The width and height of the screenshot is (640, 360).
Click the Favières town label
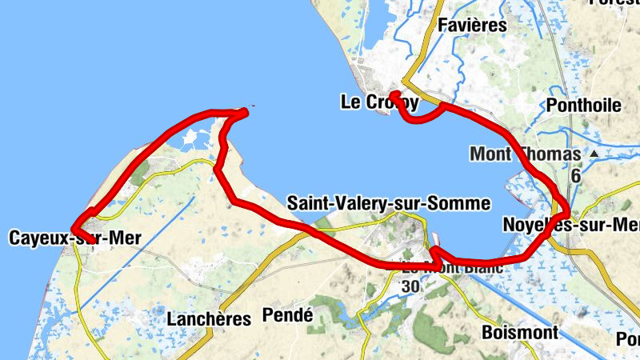(473, 25)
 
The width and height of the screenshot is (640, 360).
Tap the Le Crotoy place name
(379, 102)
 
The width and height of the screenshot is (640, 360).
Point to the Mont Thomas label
(525, 153)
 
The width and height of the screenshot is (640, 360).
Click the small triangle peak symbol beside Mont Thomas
(594, 152)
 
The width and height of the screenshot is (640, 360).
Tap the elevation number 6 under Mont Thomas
(575, 174)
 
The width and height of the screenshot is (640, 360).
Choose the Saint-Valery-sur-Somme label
(388, 203)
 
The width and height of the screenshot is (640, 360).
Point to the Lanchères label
(209, 318)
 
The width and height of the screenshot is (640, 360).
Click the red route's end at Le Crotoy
(394, 94)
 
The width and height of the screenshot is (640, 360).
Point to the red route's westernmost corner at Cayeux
(72, 230)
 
